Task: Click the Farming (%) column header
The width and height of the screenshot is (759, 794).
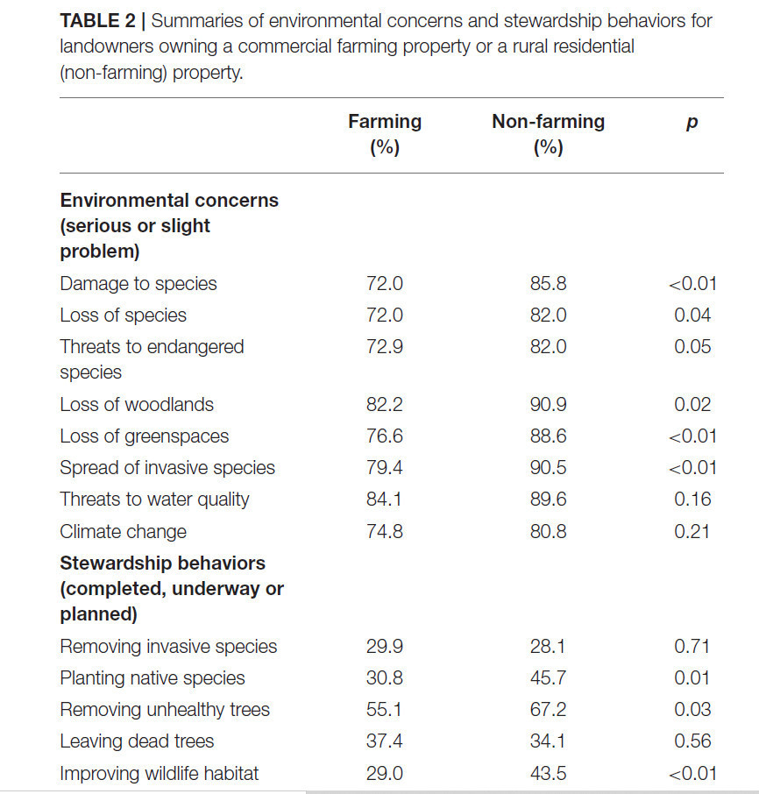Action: point(385,134)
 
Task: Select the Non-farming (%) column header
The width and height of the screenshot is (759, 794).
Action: point(549,134)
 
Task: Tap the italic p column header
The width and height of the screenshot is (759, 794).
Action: point(692,123)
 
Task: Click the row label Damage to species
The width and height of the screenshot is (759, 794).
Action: point(138,284)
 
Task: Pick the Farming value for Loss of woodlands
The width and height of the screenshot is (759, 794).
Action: point(385,404)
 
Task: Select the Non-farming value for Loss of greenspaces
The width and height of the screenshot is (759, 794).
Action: point(549,436)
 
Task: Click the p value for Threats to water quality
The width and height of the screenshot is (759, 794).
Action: point(692,500)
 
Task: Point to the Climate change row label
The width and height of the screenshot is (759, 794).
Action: point(123,532)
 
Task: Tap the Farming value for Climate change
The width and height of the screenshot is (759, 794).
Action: point(385,531)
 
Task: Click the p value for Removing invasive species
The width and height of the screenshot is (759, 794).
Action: point(692,646)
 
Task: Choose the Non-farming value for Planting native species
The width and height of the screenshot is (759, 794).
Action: point(549,677)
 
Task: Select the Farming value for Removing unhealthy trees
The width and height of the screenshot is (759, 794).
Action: point(384,710)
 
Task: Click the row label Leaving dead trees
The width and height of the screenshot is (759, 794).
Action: point(137,741)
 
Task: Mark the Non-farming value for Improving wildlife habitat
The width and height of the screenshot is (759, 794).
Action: point(549,773)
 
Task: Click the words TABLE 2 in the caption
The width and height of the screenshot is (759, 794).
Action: point(97,21)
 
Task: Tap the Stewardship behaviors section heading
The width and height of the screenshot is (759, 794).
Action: point(172,588)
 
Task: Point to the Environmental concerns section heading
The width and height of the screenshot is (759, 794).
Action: point(169,225)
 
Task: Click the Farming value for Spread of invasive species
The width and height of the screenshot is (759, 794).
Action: point(385,467)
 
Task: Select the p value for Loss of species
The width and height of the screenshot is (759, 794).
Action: point(692,315)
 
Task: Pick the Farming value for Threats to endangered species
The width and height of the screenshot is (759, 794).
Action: point(385,347)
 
